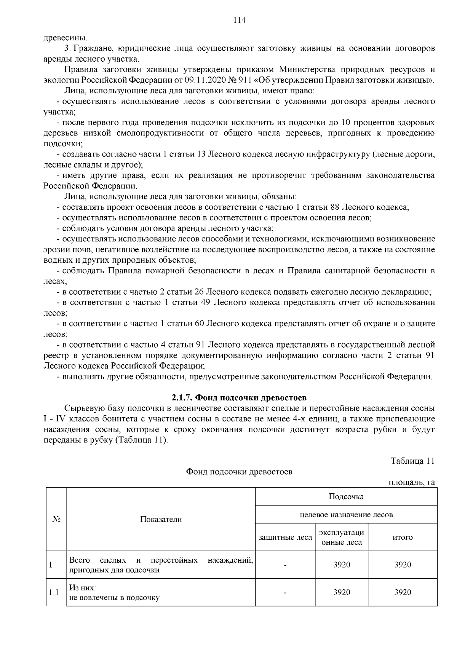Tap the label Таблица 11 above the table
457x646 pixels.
412,461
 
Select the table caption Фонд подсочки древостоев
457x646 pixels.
239,472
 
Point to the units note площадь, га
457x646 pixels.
412,482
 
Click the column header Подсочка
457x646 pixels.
346,496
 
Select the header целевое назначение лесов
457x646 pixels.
346,515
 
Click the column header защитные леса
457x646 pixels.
285,537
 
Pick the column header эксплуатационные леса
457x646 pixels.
342,537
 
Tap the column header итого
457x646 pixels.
403,537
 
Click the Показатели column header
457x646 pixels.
161,519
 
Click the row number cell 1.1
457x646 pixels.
54,592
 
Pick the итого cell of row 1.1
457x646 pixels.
403,592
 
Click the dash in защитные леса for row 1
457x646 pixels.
285,565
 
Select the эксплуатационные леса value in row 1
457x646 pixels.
342,565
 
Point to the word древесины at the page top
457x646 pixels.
65,38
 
